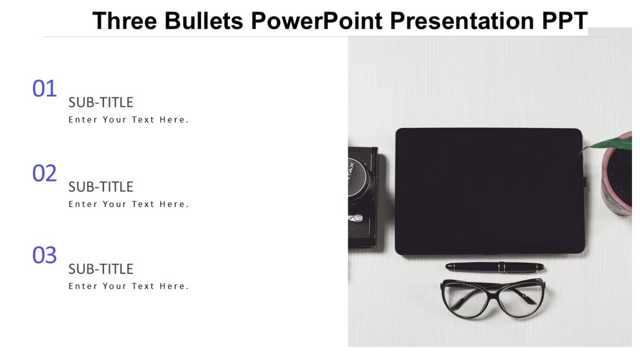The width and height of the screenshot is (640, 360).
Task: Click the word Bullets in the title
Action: tap(204, 21)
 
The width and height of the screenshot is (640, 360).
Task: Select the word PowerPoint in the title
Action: tap(317, 21)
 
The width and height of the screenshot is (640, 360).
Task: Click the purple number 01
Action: tap(44, 89)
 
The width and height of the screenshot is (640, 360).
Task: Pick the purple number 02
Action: tap(44, 174)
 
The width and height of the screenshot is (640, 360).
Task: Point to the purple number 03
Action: tap(44, 256)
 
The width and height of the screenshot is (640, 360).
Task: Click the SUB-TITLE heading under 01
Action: tap(101, 102)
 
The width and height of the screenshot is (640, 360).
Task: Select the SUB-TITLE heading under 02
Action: tap(101, 187)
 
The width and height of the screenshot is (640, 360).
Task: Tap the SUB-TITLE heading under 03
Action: tap(101, 269)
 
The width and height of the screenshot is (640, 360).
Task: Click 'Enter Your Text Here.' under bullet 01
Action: tap(129, 120)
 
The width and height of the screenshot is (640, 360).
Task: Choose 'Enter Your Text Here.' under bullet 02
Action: tap(129, 204)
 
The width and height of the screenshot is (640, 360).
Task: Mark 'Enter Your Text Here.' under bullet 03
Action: tap(129, 286)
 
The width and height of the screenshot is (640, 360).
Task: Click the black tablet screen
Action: tap(489, 191)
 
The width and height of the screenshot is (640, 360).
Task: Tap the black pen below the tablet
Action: tap(494, 267)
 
